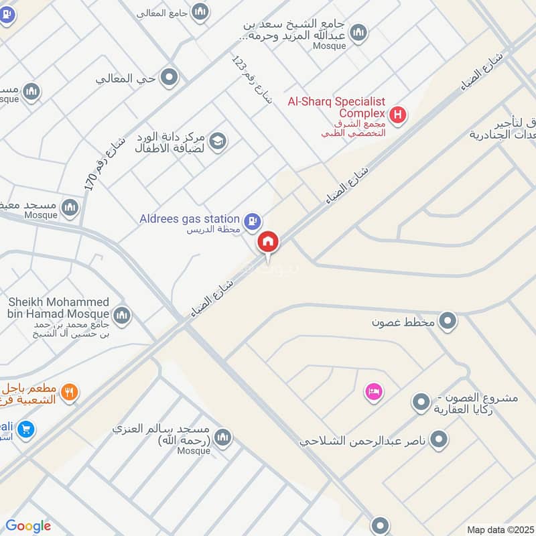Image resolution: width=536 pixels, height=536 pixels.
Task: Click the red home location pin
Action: point(269,242)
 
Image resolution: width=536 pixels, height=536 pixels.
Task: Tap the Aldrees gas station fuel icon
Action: point(252,219)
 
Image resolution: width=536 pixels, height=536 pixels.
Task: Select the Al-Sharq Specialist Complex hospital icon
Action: point(398,115)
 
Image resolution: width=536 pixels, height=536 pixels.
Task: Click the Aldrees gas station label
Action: point(190,219)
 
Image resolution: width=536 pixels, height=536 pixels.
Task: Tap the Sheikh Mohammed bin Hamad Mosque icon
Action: point(121,316)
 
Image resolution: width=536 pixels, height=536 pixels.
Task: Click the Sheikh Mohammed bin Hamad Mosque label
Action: point(58,308)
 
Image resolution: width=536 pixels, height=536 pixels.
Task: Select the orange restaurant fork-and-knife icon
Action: point(68,393)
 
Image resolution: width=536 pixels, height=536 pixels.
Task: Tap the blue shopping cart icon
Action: point(26,428)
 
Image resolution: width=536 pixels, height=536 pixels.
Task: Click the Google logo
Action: point(28,526)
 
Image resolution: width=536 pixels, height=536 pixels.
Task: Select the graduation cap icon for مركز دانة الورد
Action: point(218,141)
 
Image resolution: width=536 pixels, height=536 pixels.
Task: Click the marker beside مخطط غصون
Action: point(448,322)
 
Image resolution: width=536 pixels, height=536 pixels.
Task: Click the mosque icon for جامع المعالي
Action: point(200,12)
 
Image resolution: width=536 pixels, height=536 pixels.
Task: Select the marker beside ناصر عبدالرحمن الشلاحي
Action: point(439,440)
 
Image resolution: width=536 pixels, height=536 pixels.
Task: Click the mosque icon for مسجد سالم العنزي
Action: point(223,438)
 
